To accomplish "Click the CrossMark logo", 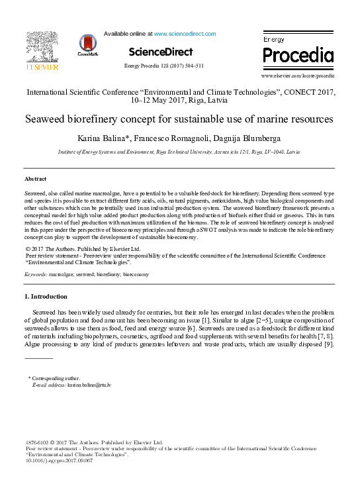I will point(87,45).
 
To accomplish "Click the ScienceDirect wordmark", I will point(161,52).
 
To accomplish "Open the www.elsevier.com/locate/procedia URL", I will point(298,76).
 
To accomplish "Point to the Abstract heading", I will point(35,179).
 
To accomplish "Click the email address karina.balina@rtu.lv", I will point(89,384).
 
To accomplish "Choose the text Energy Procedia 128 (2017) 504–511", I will point(164,66).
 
